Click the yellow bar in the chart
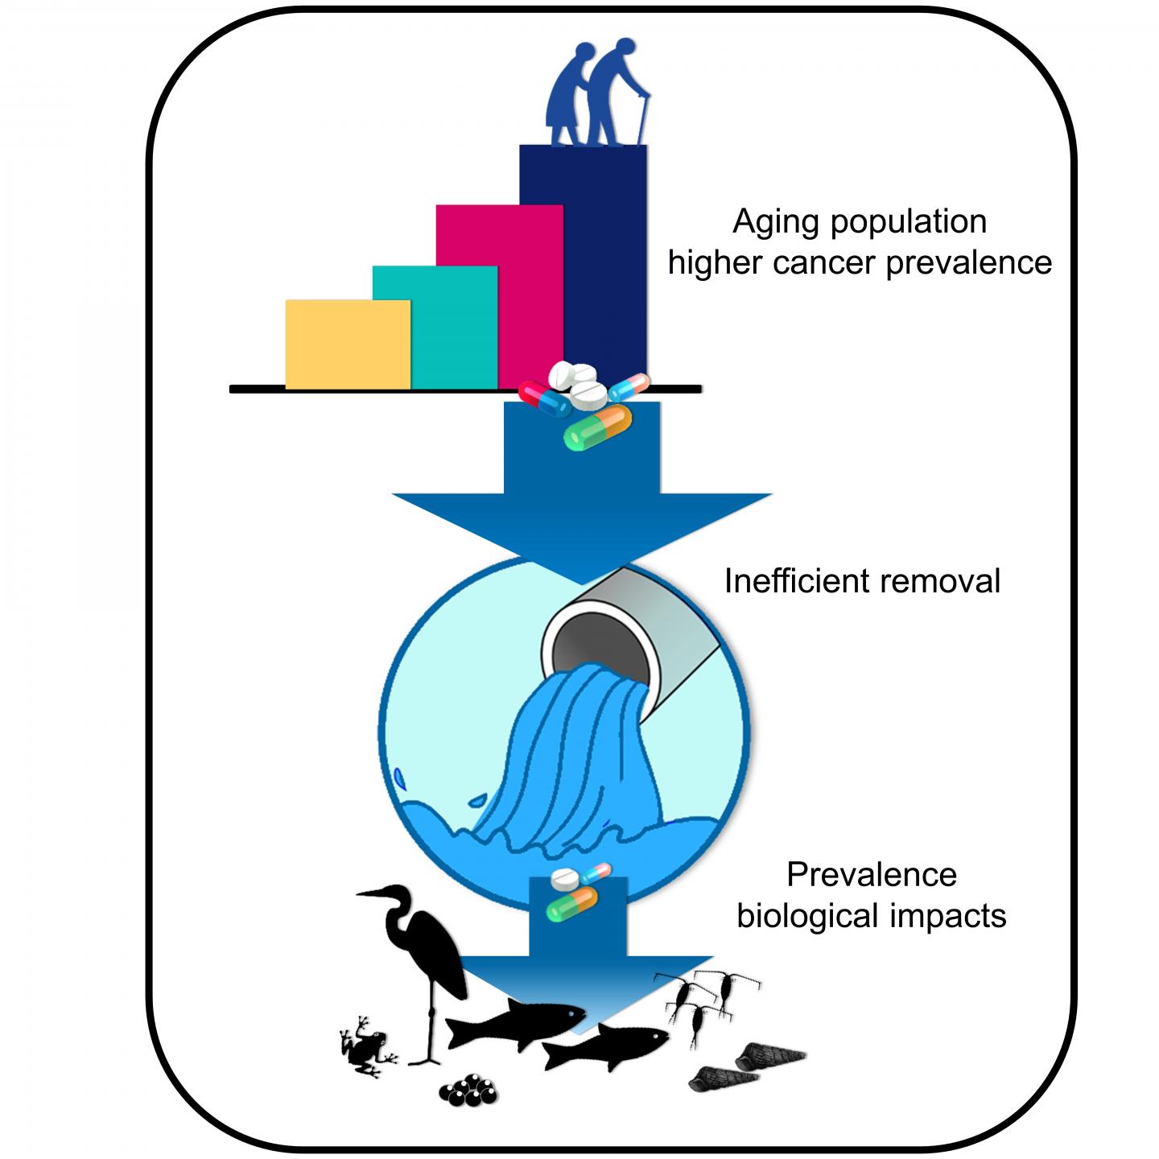click(x=348, y=344)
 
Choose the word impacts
click(x=953, y=916)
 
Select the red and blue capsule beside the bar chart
click(x=544, y=398)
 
